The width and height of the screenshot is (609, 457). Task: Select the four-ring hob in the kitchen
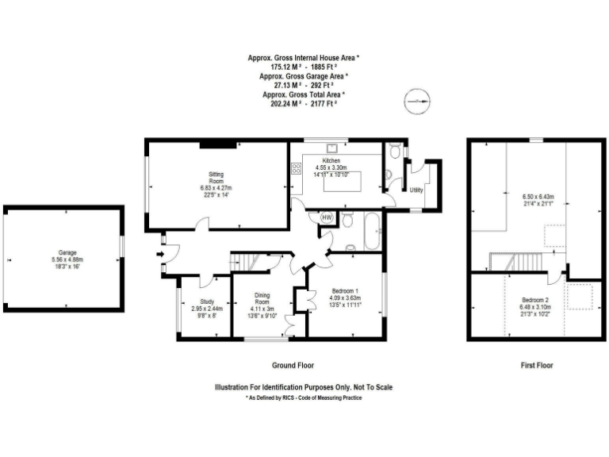click(x=297, y=168)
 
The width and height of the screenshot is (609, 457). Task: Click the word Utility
click(x=416, y=190)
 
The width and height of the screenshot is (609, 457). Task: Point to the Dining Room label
click(x=261, y=299)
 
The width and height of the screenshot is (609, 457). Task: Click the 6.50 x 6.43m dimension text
click(x=538, y=197)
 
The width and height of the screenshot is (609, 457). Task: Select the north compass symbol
click(x=416, y=101)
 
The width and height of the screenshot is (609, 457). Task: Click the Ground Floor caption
click(x=293, y=366)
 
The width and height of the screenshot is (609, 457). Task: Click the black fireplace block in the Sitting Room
click(x=216, y=144)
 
